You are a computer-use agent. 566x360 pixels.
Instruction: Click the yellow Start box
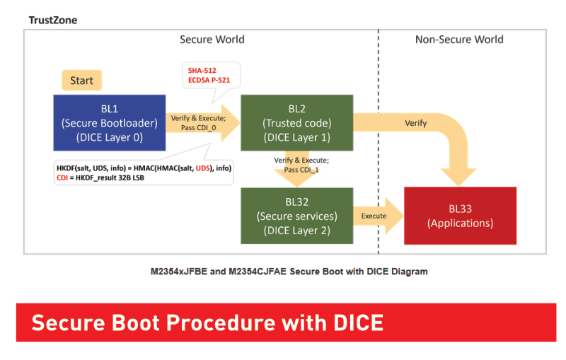(82, 80)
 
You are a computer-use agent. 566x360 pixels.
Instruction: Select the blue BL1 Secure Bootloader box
(110, 122)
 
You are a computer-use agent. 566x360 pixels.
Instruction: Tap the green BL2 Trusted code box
(296, 122)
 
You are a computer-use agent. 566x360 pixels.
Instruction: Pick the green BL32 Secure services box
(296, 216)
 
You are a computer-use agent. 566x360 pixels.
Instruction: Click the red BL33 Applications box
(461, 216)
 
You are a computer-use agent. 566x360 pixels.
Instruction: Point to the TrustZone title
(53, 21)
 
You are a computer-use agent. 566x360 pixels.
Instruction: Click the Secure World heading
(212, 40)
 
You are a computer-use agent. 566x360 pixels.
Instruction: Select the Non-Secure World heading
(459, 40)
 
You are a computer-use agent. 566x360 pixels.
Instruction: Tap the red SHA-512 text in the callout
(202, 71)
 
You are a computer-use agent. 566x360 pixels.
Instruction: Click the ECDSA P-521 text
(209, 80)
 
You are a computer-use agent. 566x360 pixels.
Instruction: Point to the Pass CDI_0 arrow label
(199, 128)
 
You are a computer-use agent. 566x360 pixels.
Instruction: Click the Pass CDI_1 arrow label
(301, 170)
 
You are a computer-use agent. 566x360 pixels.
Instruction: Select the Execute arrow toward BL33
(379, 216)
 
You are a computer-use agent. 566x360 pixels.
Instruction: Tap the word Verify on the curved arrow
(416, 123)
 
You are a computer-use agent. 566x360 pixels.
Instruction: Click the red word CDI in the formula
(62, 178)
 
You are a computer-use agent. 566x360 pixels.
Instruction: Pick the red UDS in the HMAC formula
(203, 168)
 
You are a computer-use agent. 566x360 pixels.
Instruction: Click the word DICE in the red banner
(358, 323)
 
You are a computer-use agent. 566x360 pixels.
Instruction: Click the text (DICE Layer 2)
(296, 231)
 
